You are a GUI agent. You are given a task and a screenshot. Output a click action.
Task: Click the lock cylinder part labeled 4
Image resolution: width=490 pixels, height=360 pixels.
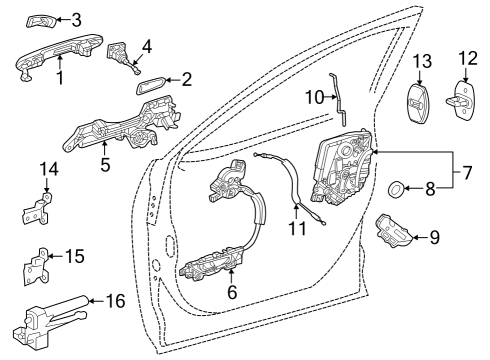[x=124, y=59]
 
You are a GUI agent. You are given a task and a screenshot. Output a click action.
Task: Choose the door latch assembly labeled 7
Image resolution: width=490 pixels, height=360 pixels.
[x=343, y=165]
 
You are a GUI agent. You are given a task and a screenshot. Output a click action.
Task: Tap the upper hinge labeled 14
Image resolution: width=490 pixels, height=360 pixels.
[x=36, y=210]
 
